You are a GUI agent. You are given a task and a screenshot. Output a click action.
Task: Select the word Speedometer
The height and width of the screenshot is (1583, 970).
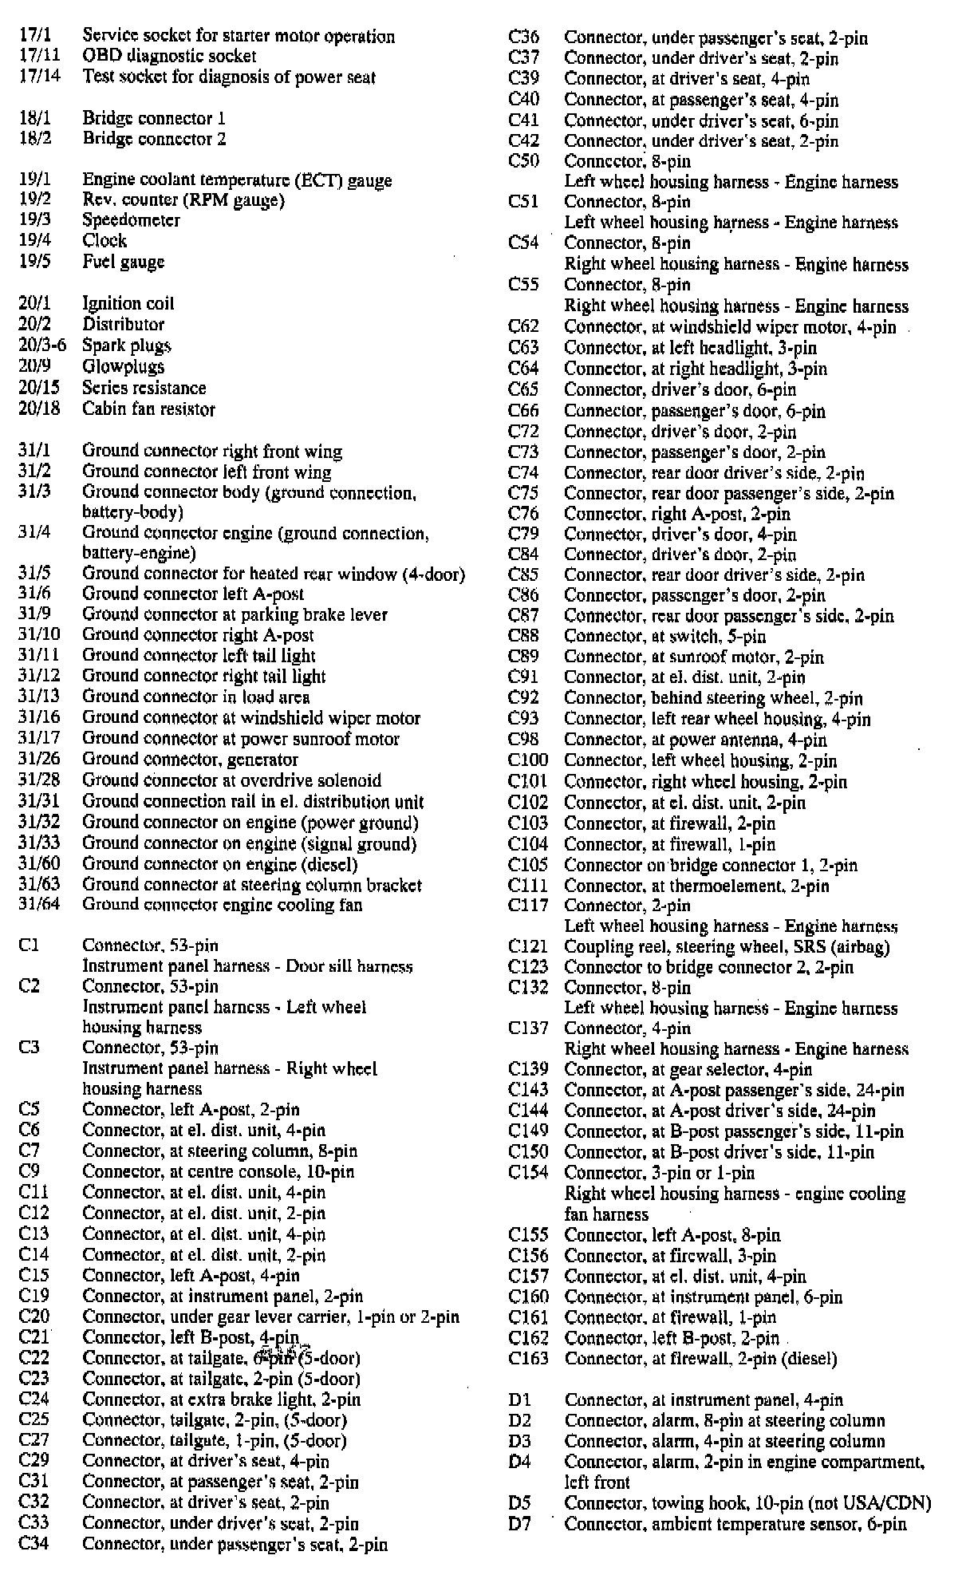pos(131,220)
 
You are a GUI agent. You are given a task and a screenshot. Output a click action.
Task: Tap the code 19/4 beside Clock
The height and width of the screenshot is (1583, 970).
pos(34,241)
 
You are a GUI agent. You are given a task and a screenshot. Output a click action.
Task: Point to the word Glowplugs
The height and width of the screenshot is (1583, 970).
pos(124,367)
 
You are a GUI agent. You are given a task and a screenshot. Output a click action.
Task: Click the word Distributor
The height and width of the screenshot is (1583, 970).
pos(124,325)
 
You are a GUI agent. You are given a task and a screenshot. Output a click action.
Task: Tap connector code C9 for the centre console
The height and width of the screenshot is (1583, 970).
pos(30,1171)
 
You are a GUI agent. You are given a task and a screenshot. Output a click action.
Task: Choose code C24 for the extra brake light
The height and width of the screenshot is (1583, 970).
pos(34,1399)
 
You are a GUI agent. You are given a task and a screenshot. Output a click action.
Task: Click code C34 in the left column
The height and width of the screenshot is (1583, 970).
pos(34,1545)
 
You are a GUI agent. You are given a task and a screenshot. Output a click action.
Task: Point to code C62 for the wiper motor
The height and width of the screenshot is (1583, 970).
pos(523,327)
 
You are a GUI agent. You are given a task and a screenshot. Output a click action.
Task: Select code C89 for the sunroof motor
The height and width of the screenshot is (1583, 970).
pos(523,657)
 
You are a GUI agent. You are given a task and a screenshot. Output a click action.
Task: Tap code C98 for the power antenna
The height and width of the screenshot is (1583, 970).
pos(523,740)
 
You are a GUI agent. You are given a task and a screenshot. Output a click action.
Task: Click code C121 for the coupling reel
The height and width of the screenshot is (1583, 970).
pos(527,947)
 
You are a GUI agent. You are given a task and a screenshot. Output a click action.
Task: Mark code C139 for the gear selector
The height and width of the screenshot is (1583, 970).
pos(527,1070)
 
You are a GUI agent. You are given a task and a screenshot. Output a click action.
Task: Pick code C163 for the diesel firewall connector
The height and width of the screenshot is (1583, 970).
pos(527,1358)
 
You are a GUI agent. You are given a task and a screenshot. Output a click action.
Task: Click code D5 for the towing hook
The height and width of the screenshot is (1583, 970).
pos(519,1503)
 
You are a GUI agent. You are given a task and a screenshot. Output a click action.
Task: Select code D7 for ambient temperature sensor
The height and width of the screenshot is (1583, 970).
pos(519,1524)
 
